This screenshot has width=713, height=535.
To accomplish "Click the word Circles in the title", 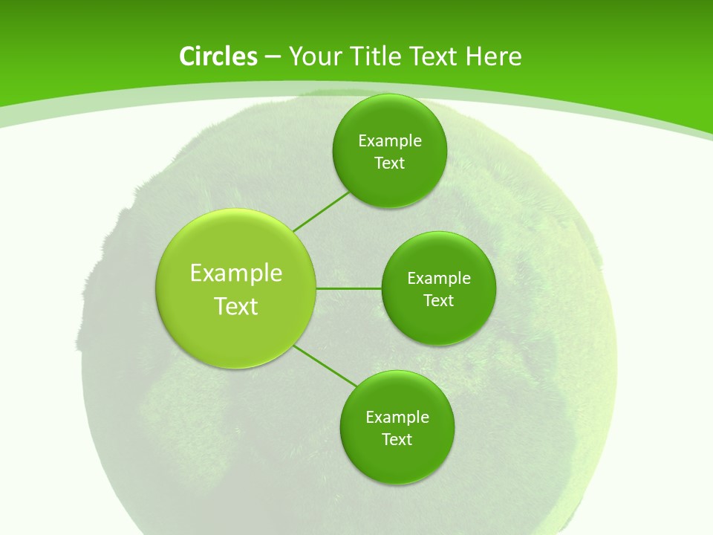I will [218, 56].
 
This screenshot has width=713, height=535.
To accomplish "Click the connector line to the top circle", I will [321, 212].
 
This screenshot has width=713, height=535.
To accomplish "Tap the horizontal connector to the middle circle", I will [349, 288].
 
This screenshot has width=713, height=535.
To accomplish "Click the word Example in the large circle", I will [236, 273].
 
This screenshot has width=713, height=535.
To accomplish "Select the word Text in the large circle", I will [236, 306].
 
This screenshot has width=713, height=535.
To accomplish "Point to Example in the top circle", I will [390, 141].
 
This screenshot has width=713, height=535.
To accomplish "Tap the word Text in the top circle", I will [389, 163].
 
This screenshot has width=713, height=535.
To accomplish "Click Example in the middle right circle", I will [439, 279].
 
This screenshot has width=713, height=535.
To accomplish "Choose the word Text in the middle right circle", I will [438, 301].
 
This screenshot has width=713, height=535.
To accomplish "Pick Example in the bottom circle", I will [397, 418].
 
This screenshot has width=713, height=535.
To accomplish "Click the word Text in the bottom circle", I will [397, 440].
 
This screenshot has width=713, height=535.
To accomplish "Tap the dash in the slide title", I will [272, 57].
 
